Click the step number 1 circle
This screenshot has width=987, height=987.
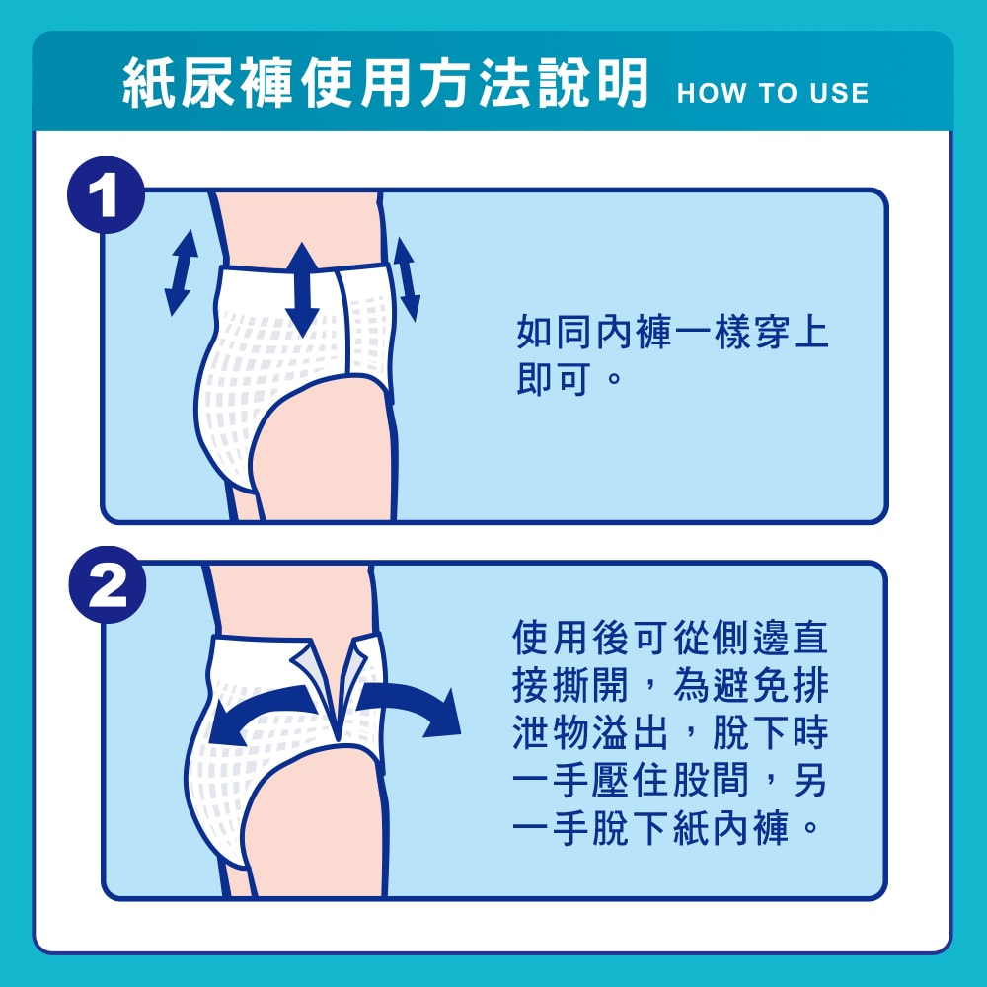click(x=107, y=195)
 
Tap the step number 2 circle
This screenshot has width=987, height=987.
click(x=108, y=585)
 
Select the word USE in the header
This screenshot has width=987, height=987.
click(x=839, y=93)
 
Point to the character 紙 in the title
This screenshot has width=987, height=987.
click(x=147, y=83)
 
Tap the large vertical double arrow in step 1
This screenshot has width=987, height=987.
click(x=303, y=289)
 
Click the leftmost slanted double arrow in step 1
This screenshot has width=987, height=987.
click(x=182, y=272)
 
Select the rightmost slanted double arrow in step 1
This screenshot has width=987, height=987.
click(x=406, y=279)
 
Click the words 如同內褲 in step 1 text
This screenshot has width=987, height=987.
click(x=595, y=332)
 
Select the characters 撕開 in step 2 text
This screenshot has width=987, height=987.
click(x=590, y=685)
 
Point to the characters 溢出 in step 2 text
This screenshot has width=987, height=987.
click(x=630, y=732)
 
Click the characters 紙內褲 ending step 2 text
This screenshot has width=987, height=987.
click(x=730, y=827)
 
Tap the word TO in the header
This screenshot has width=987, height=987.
click(x=778, y=93)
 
